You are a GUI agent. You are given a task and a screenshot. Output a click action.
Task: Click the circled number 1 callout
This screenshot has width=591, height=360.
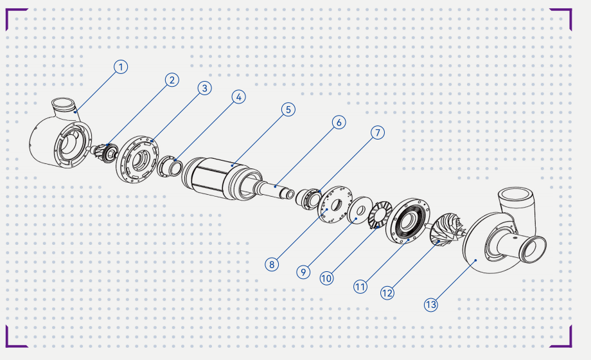pos(121,67)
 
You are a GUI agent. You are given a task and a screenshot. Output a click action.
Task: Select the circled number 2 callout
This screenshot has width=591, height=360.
pos(172,80)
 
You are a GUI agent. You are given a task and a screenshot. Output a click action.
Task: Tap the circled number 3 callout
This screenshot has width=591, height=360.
pos(205,88)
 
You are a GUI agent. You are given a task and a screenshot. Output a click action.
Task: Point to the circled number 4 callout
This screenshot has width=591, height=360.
pos(238,97)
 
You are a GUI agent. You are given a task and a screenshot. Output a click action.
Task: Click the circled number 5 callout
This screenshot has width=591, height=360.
pos(288,110)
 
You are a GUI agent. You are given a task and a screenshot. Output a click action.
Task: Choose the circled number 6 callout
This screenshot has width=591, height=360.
pos(339,122)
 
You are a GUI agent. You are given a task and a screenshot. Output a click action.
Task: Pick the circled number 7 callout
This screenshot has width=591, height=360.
pos(378,132)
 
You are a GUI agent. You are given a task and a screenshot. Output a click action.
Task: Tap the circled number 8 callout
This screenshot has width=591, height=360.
pos(272,264)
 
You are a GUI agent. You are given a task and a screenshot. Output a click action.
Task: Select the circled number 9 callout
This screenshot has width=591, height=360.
pos(303,272)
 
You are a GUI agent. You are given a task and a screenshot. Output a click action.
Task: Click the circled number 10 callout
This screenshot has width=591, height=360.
pos(326,278)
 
